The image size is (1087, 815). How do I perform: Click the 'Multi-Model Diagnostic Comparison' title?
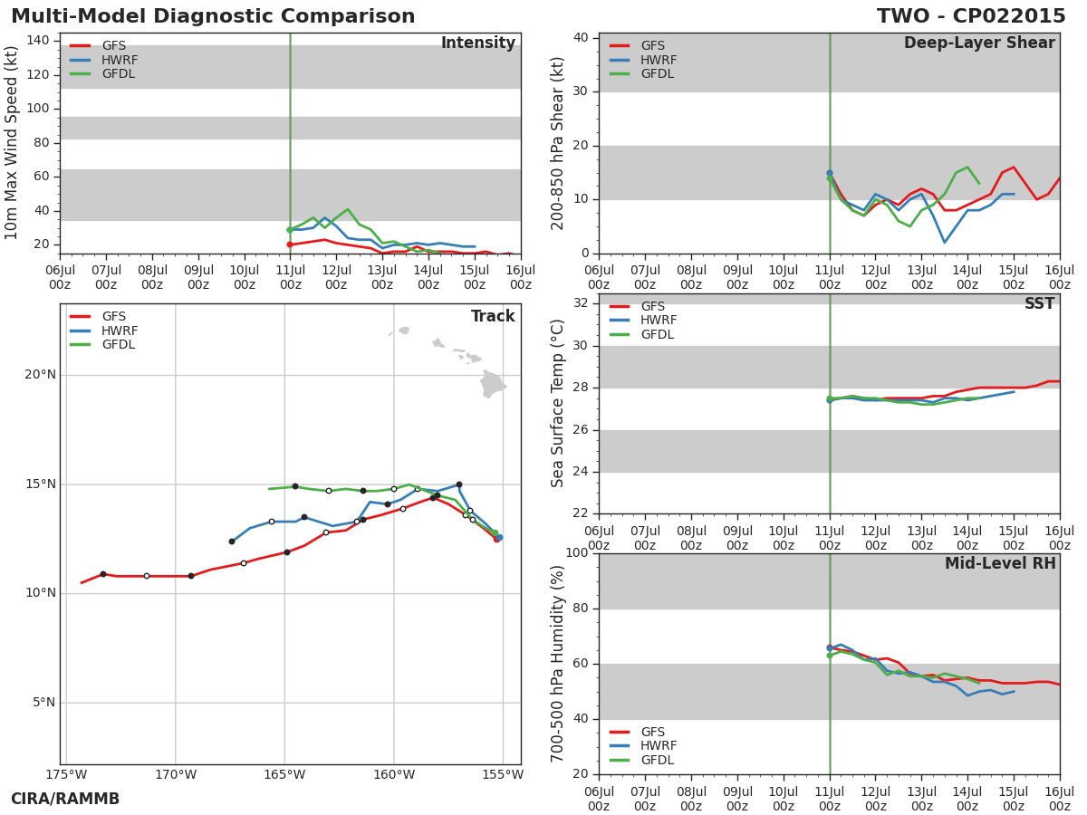pos(213,15)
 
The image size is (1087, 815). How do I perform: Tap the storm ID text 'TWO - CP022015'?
pos(971,15)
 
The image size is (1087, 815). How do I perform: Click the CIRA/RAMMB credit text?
pos(65,799)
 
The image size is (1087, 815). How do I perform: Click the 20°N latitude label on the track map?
pos(41,375)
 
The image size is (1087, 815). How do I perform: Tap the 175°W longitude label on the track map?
pos(66,774)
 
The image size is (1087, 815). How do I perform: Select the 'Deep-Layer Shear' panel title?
pos(979,43)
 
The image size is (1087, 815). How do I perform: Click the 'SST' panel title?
pos(1040,303)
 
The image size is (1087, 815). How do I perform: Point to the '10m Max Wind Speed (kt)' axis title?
pos(11,142)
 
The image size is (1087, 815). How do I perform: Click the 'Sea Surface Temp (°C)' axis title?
pos(557,403)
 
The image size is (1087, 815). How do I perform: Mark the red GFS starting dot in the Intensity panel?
pos(290,244)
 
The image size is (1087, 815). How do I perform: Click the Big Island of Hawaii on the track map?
pos(492,384)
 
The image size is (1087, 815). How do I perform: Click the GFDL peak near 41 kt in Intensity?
pos(348,209)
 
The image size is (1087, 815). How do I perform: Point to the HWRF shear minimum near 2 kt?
pos(945,243)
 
